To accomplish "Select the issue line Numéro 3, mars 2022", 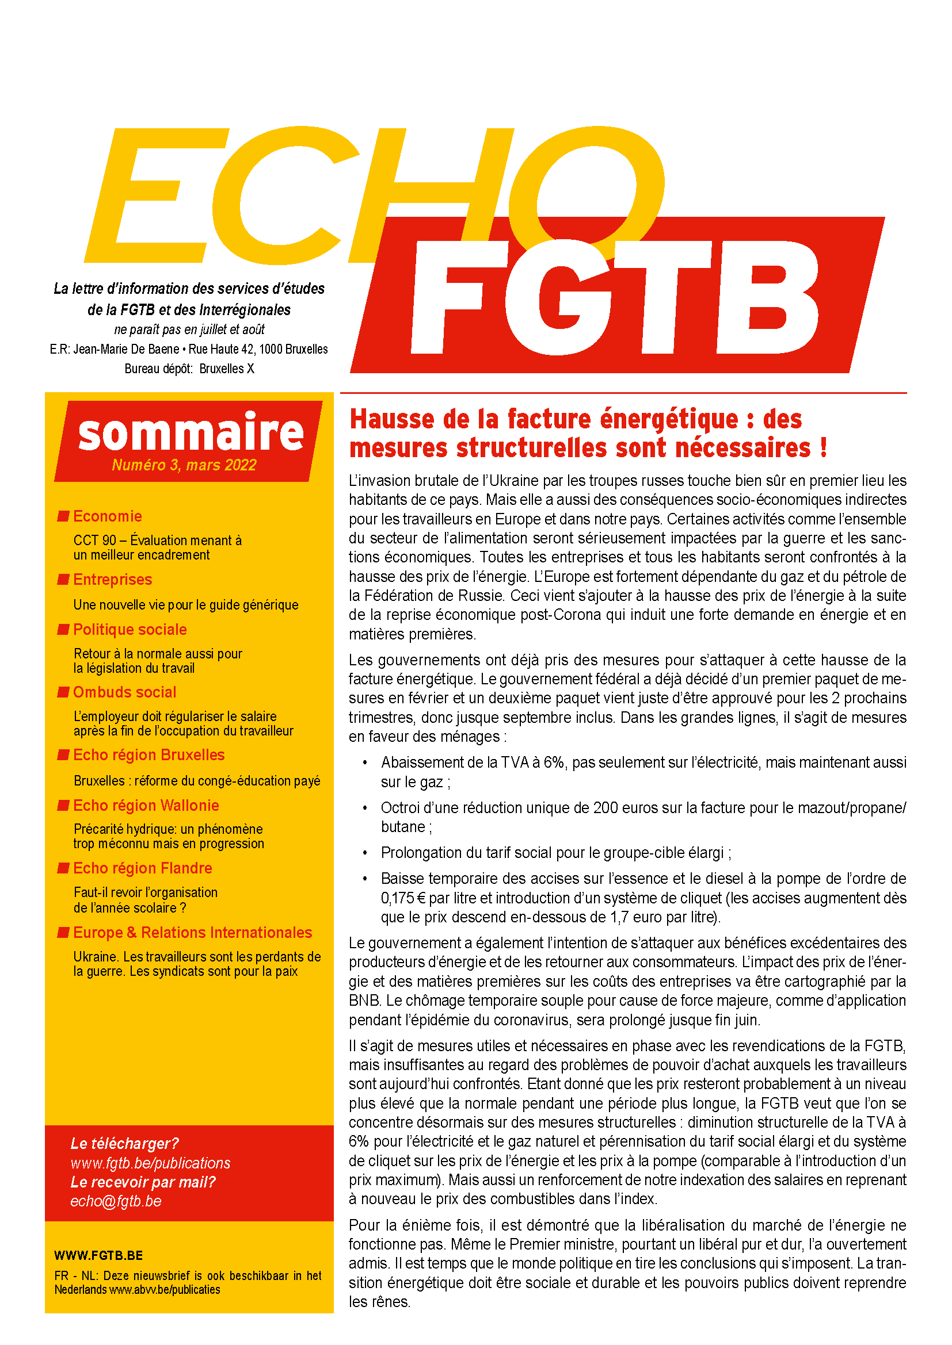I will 184,465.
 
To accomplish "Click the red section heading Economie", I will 107,516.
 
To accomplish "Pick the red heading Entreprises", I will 113,580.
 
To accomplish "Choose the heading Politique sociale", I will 130,630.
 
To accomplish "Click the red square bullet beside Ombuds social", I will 63,692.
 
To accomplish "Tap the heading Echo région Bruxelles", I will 148,755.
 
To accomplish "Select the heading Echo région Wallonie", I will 146,806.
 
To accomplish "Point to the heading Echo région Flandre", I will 142,868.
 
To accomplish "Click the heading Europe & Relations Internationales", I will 192,933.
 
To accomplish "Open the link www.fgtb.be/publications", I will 151,1163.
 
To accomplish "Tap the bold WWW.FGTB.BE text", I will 98,1255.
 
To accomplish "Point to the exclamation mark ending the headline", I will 824,448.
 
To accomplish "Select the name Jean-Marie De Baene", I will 127,349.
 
